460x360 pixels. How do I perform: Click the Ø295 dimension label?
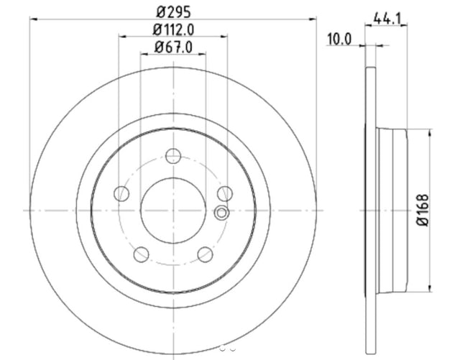(x=174, y=12)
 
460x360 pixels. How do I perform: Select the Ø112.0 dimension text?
(x=174, y=29)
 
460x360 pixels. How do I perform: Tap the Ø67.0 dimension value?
(x=174, y=47)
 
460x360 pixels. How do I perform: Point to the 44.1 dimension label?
(x=387, y=19)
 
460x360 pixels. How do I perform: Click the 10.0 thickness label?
(x=339, y=40)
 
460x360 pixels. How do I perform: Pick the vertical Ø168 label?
(x=423, y=210)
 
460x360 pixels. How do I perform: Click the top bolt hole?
(x=173, y=156)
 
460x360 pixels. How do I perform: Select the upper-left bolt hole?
(x=121, y=193)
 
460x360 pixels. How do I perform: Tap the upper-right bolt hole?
(x=225, y=193)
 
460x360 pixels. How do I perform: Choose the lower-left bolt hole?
(x=141, y=254)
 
